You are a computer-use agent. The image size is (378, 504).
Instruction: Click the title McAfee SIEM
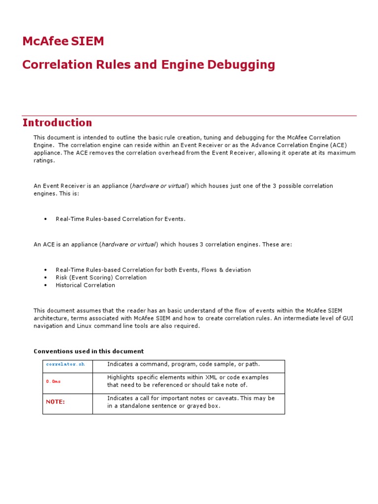[63, 41]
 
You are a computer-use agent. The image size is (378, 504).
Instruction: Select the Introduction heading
[57, 123]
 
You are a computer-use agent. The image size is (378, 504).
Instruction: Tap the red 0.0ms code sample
[54, 381]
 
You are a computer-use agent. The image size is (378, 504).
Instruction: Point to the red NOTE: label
[56, 402]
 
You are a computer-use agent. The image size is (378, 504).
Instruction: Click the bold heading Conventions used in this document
[89, 351]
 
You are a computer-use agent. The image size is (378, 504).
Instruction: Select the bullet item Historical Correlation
[85, 285]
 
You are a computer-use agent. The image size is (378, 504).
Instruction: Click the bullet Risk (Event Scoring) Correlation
[101, 277]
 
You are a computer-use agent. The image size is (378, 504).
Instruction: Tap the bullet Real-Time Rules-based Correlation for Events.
[121, 219]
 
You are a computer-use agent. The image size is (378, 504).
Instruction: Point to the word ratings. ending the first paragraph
[44, 160]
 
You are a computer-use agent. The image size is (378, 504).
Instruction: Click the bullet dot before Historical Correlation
[45, 285]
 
